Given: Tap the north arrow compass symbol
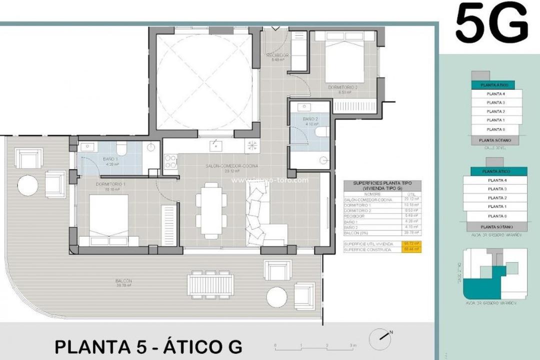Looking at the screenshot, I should (379, 338).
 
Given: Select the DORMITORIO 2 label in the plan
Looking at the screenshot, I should (342, 87).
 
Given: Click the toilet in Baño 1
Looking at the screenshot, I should (121, 148).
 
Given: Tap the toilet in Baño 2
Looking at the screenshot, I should (321, 132).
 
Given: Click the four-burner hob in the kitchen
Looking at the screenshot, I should (170, 161).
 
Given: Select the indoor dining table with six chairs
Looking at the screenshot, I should (210, 210).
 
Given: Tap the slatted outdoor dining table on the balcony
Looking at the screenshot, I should (210, 284).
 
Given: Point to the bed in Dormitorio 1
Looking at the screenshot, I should (108, 218).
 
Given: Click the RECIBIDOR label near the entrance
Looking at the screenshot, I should (277, 55).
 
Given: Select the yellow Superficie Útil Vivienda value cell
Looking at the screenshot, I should (412, 243).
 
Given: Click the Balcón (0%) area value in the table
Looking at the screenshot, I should (412, 232).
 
